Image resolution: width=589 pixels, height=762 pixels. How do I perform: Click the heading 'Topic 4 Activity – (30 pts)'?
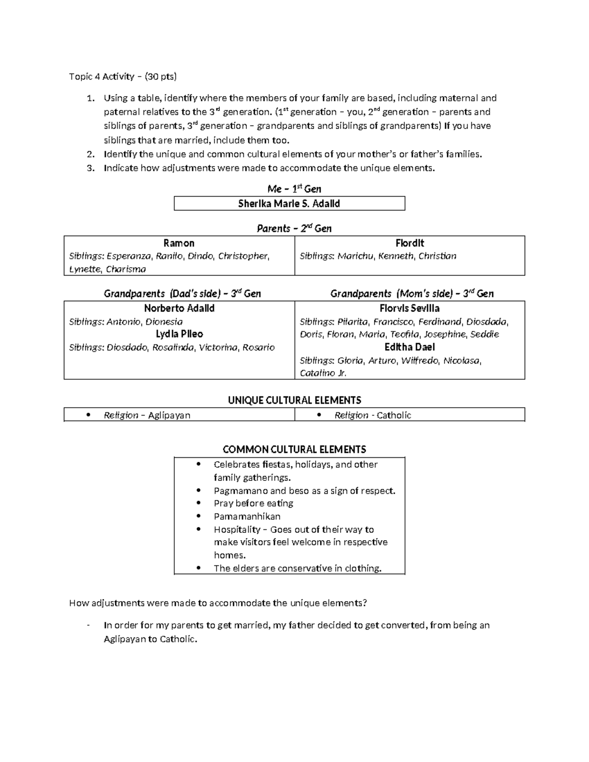click(123, 77)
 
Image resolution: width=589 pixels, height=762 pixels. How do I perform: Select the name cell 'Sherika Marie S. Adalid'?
click(289, 204)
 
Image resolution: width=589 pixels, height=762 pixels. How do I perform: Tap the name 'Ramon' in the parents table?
click(179, 243)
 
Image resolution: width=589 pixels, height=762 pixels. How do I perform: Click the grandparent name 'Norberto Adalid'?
click(179, 309)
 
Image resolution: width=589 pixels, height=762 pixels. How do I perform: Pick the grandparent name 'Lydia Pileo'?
click(179, 334)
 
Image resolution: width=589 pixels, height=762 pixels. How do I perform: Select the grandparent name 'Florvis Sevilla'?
click(409, 309)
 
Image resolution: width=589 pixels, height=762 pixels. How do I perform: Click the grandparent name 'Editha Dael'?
click(409, 347)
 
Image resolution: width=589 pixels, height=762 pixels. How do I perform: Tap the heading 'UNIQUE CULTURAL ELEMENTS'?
click(294, 400)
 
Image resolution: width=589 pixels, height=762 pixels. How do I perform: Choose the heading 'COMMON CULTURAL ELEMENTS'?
click(294, 449)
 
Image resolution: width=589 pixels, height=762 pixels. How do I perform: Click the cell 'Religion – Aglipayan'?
click(147, 416)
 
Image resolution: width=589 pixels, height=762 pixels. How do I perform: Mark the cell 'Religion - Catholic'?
click(373, 416)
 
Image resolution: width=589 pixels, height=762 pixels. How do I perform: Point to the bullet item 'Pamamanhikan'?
click(247, 517)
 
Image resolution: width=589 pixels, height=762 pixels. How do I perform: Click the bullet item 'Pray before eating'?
click(253, 503)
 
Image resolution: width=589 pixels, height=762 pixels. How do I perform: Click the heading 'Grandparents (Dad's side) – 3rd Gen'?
click(182, 294)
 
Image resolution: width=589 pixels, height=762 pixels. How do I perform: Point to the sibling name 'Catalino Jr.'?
click(323, 373)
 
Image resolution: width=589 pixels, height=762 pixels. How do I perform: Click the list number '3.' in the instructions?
click(90, 168)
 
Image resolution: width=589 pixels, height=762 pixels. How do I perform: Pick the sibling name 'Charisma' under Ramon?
click(126, 269)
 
